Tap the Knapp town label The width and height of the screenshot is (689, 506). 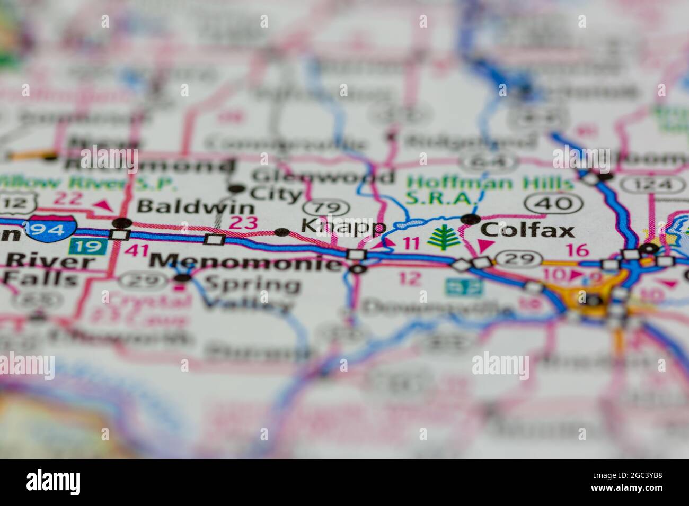(x=343, y=228)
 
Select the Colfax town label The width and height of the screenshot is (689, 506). (x=527, y=230)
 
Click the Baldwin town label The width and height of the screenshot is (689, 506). (x=188, y=206)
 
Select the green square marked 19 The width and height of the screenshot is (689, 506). (x=83, y=246)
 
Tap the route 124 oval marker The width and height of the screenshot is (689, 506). (x=653, y=185)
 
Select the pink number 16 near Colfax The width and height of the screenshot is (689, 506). (x=581, y=250)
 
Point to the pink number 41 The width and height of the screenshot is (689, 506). (x=135, y=250)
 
